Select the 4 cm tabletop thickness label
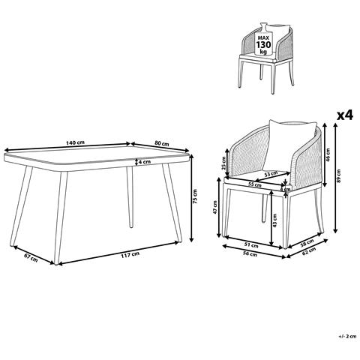pos(144,162)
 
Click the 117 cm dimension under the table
pos(128,255)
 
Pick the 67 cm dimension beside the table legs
pos(30,257)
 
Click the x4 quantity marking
pos(344,115)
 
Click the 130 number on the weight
pos(262,46)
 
